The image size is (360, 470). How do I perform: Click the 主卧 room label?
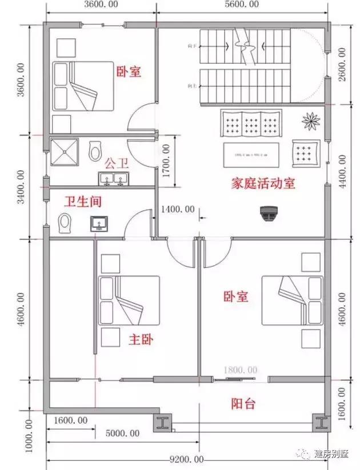point(140,339)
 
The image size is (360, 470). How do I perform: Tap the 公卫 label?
point(116,164)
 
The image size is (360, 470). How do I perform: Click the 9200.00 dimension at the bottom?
point(186,459)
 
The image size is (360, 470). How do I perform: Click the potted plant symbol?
point(311,120)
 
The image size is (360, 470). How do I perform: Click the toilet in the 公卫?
point(95,151)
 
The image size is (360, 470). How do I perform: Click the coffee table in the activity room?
point(251,154)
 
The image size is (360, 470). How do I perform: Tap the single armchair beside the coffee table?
point(305,152)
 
